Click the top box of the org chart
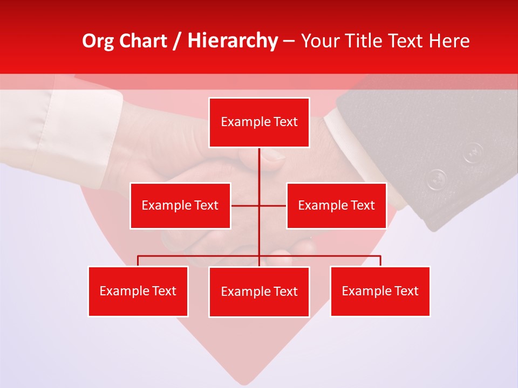pos(259,122)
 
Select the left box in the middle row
pos(180,205)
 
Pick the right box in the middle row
pos(336,205)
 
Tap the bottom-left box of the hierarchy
pos(138,291)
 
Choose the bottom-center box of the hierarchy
pos(259,292)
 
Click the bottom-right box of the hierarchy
pos(380,291)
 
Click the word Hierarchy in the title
pos(232,41)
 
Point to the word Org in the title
pos(98,41)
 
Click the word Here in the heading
pos(447,41)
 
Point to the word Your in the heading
pos(321,41)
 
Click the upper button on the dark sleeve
pos(472,152)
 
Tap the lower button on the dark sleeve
pos(437,179)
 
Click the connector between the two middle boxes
pos(246,205)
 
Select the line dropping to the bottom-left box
pos(138,261)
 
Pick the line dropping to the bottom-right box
pos(380,261)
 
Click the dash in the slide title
pos(288,41)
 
